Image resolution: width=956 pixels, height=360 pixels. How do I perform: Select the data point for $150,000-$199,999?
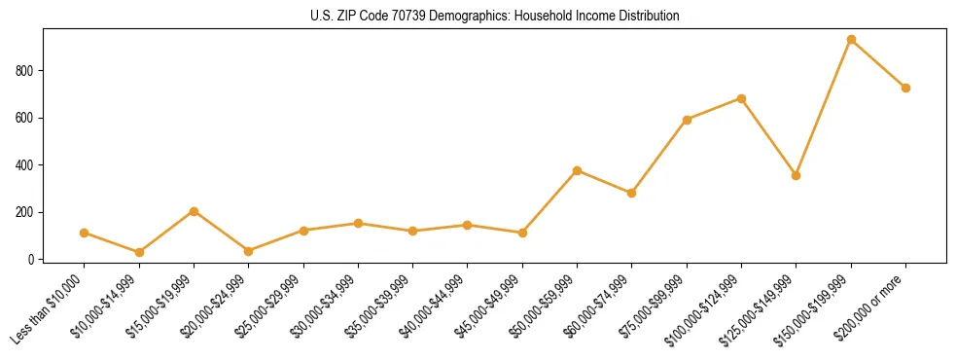pyautogui.click(x=851, y=40)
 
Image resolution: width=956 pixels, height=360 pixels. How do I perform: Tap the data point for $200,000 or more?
pyautogui.click(x=905, y=88)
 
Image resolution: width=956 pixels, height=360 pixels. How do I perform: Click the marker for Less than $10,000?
pyautogui.click(x=85, y=233)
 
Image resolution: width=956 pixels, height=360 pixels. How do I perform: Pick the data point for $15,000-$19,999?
pyautogui.click(x=194, y=211)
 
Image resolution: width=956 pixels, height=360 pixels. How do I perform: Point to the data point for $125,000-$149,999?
pyautogui.click(x=796, y=175)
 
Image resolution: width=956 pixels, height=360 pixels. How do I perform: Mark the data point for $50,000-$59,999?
pyautogui.click(x=577, y=170)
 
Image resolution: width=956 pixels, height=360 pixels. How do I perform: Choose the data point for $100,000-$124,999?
pyautogui.click(x=741, y=98)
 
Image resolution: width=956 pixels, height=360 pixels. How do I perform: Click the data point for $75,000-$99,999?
pyautogui.click(x=687, y=120)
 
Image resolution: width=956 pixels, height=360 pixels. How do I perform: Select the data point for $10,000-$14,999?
pyautogui.click(x=139, y=252)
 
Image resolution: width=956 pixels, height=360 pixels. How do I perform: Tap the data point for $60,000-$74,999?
pyautogui.click(x=632, y=193)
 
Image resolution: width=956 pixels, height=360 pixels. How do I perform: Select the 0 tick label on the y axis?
pyautogui.click(x=32, y=260)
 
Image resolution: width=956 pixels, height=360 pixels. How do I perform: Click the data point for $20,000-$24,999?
pyautogui.click(x=248, y=251)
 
